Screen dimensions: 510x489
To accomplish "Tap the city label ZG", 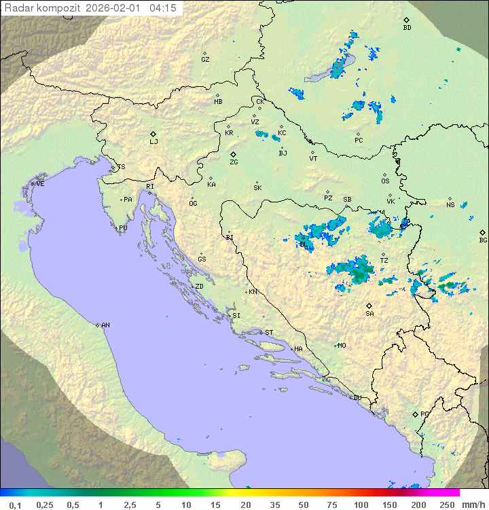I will click(234, 162).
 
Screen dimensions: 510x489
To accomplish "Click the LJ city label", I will click(154, 142).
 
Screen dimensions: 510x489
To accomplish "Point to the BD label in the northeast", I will click(407, 28).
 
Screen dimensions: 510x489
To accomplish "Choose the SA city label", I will click(369, 314).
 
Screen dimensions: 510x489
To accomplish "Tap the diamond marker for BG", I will click(482, 232).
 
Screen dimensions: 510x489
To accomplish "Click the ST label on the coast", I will click(269, 333).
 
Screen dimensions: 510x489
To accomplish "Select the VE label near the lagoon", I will click(40, 184).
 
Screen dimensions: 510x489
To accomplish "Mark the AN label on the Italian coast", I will click(105, 325).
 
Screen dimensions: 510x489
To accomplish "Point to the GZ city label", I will click(205, 60).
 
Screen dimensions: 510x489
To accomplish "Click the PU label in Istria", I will click(123, 228).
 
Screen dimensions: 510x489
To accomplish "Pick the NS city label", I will click(450, 205).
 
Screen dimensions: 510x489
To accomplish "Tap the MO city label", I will click(342, 346).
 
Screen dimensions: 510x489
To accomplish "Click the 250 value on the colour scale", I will click(446, 505).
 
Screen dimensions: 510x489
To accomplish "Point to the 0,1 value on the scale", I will click(15, 505).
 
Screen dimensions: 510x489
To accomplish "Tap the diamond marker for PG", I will click(416, 414).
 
